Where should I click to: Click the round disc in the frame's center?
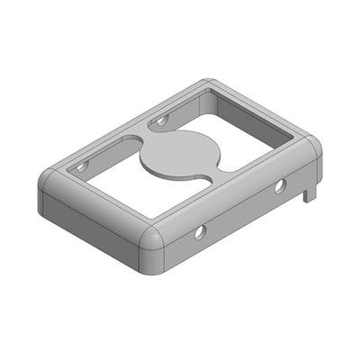pos(180,155)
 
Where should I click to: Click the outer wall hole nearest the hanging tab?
pos(280,186)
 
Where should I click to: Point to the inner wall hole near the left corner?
pos(82,167)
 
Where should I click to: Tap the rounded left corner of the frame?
pos(47,189)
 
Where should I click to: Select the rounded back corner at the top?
pos(209,84)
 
